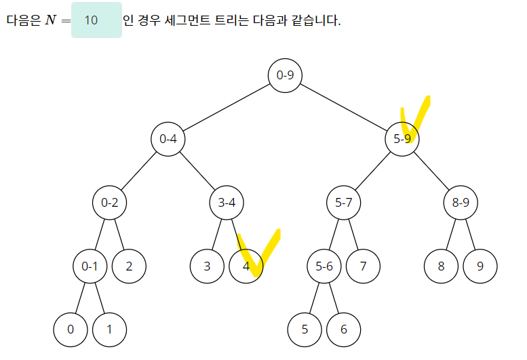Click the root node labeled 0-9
point(285,75)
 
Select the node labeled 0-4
point(168,139)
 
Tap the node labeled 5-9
point(402,139)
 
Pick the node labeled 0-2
point(110,203)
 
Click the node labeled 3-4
point(227,203)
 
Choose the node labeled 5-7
point(344,203)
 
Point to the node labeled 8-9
point(461,203)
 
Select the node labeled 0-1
point(90,266)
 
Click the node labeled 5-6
point(324,266)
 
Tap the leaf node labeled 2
point(129,266)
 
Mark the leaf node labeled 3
point(207,266)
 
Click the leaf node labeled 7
point(363,266)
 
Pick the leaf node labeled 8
point(441,266)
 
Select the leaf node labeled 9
point(480,266)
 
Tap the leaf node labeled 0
point(71,330)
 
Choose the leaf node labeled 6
point(343,330)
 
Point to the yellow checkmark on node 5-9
point(415,117)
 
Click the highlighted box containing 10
point(96,20)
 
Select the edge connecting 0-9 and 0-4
point(227,107)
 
